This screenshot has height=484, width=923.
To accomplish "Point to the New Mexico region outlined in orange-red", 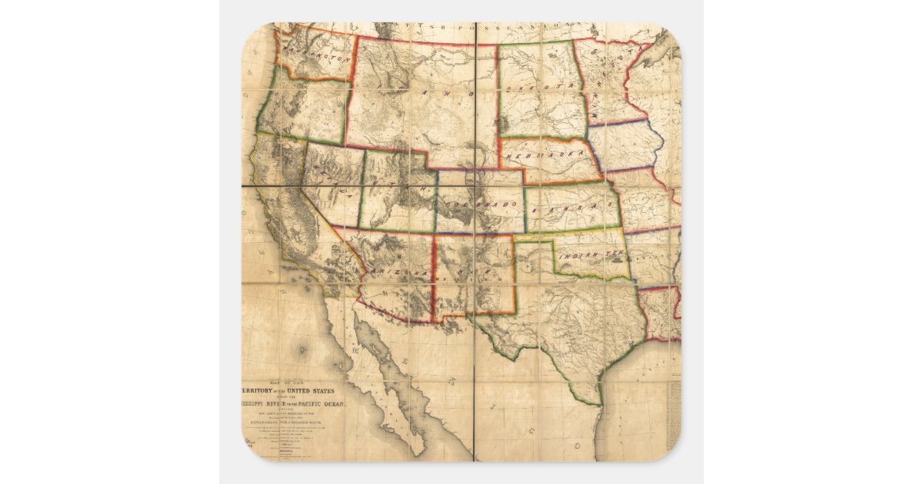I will (473, 277).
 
